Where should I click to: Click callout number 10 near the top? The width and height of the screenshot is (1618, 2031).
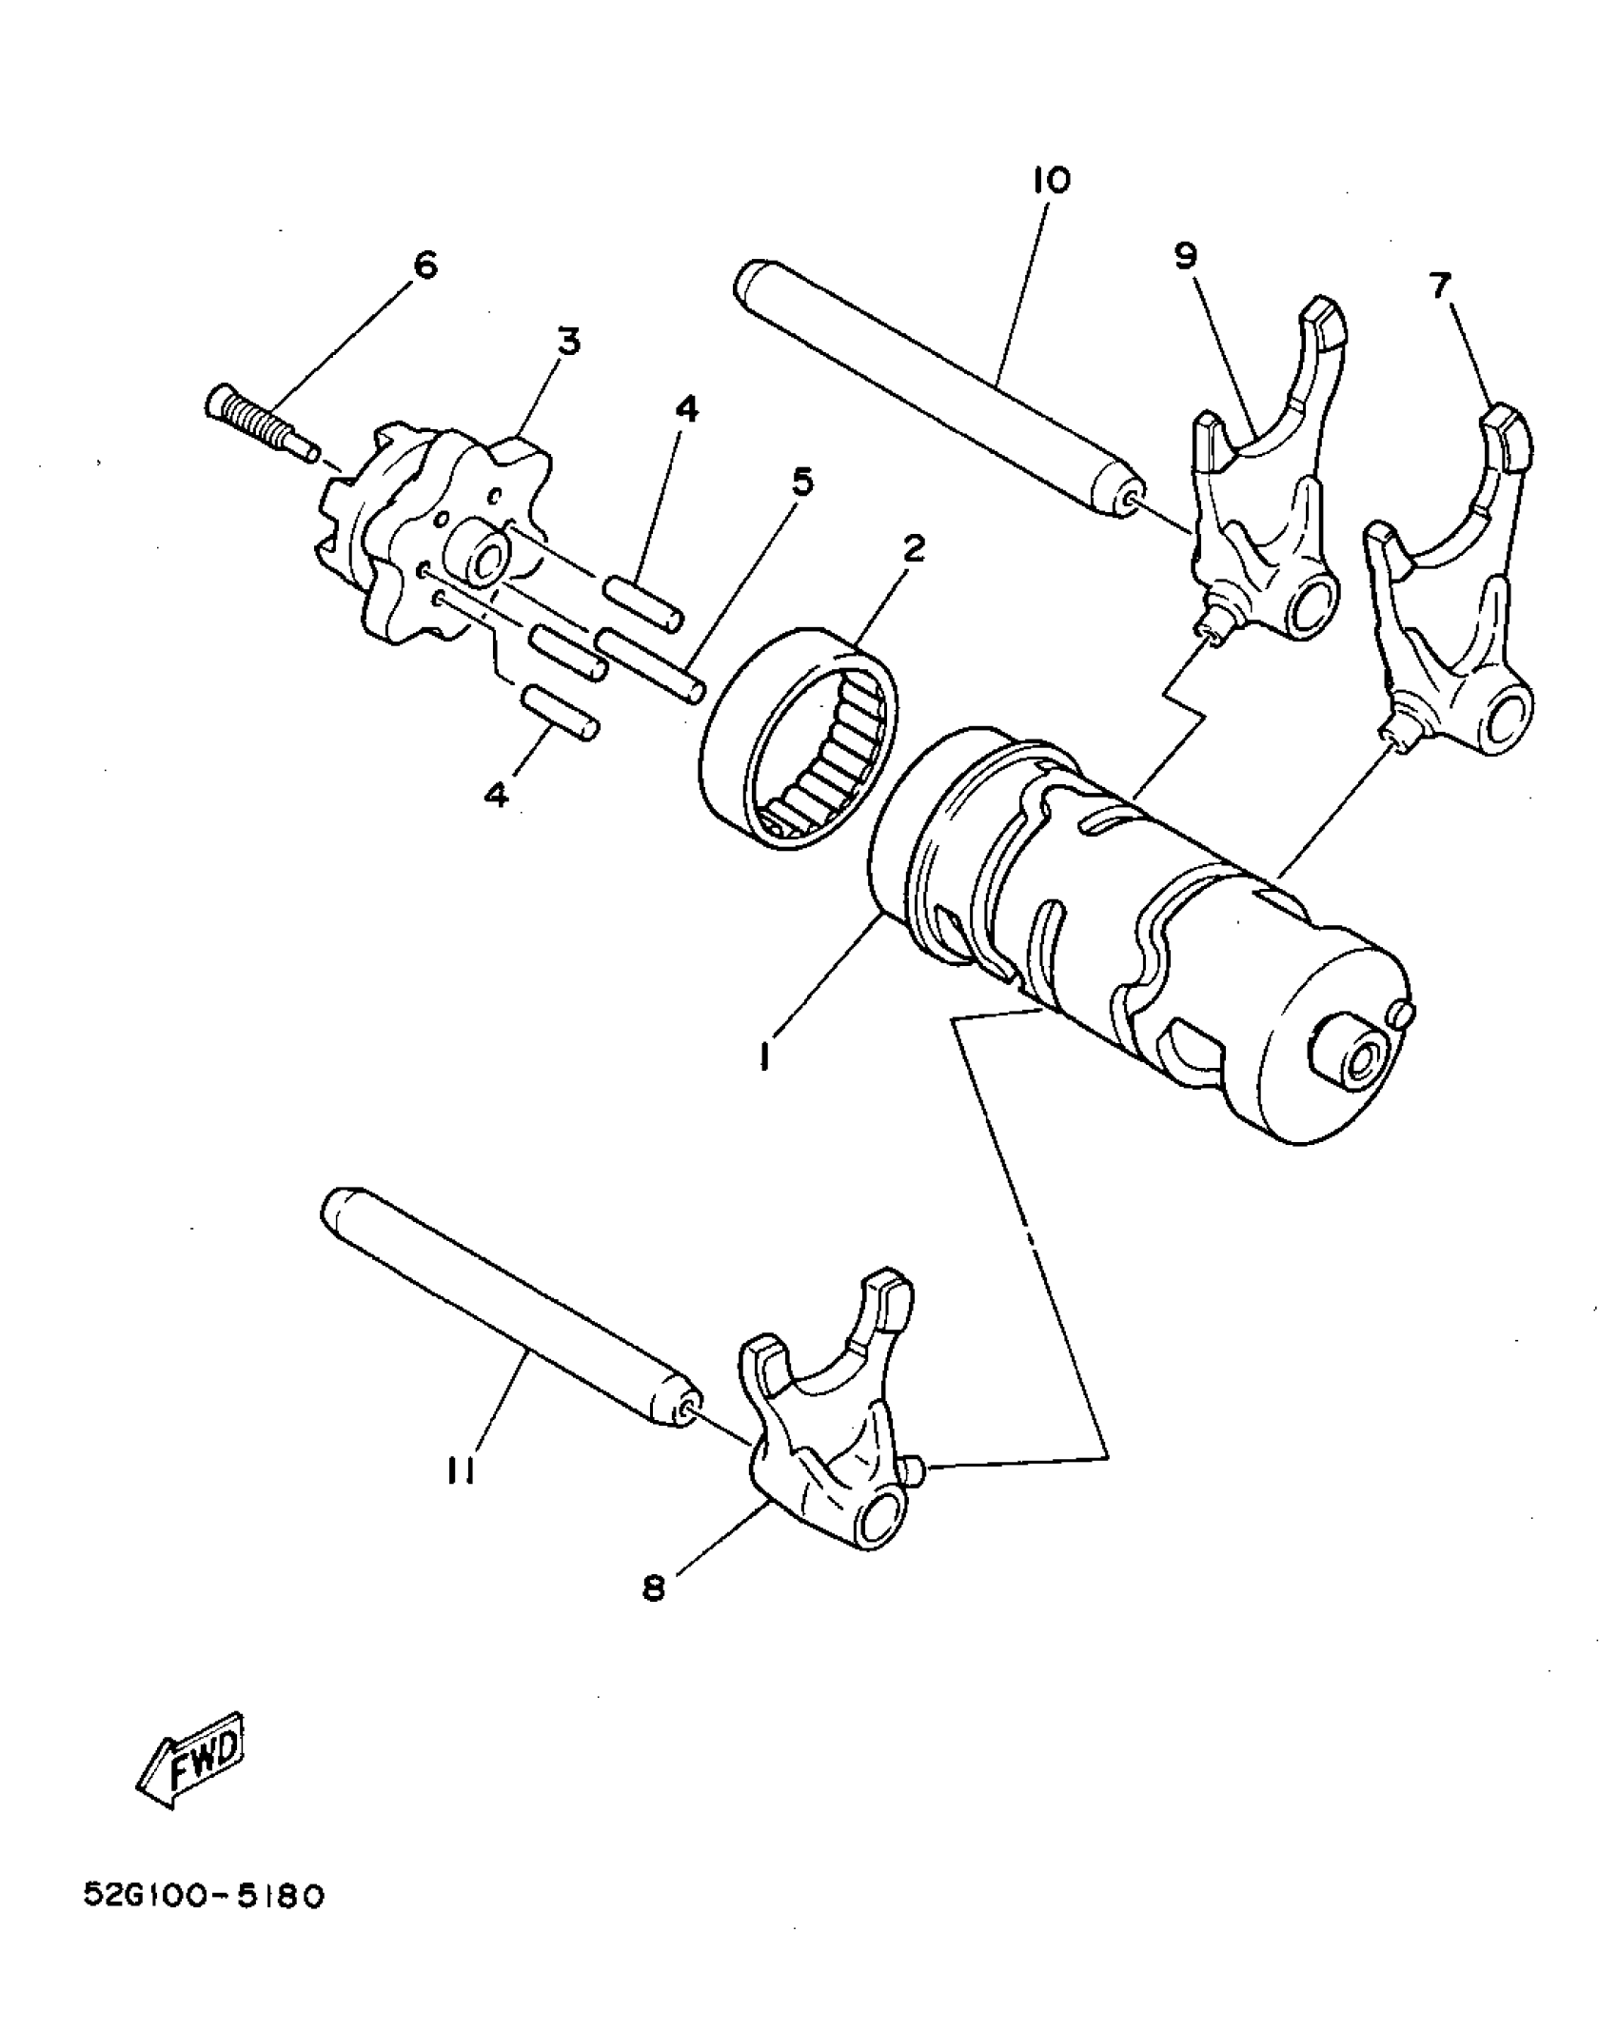[1050, 180]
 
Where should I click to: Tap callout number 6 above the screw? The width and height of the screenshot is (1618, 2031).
[424, 265]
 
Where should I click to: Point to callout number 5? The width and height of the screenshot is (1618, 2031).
[802, 483]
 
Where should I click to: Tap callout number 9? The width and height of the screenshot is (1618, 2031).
[1185, 256]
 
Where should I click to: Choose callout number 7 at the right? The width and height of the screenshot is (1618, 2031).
[1440, 285]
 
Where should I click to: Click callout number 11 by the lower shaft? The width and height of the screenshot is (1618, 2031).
[461, 1470]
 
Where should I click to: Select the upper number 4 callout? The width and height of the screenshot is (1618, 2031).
[685, 410]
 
